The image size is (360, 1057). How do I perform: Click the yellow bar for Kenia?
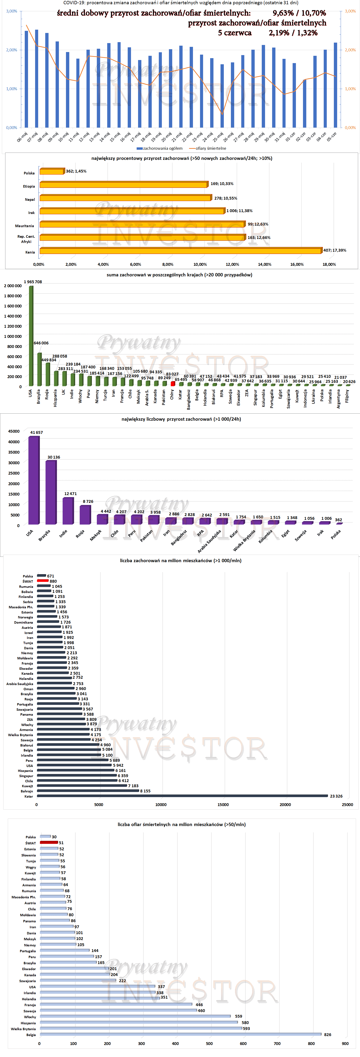[x=181, y=251]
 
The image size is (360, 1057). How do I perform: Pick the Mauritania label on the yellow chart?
[x=25, y=226]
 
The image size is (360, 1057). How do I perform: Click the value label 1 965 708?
[x=33, y=282]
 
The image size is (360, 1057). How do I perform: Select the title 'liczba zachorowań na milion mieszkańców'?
[x=181, y=561]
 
